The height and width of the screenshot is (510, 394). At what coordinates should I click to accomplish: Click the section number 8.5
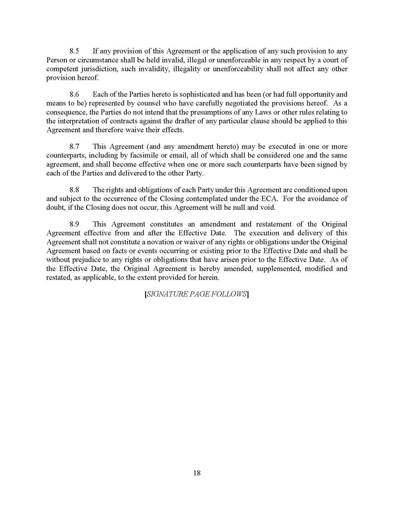pyautogui.click(x=75, y=51)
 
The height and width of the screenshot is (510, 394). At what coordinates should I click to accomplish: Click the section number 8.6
pyautogui.click(x=75, y=95)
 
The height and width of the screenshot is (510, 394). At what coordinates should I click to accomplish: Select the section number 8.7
pyautogui.click(x=75, y=146)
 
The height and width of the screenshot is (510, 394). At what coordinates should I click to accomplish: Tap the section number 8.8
pyautogui.click(x=75, y=190)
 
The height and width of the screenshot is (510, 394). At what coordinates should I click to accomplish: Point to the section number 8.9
pyautogui.click(x=75, y=224)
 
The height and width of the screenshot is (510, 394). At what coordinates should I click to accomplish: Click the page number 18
pyautogui.click(x=197, y=473)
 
